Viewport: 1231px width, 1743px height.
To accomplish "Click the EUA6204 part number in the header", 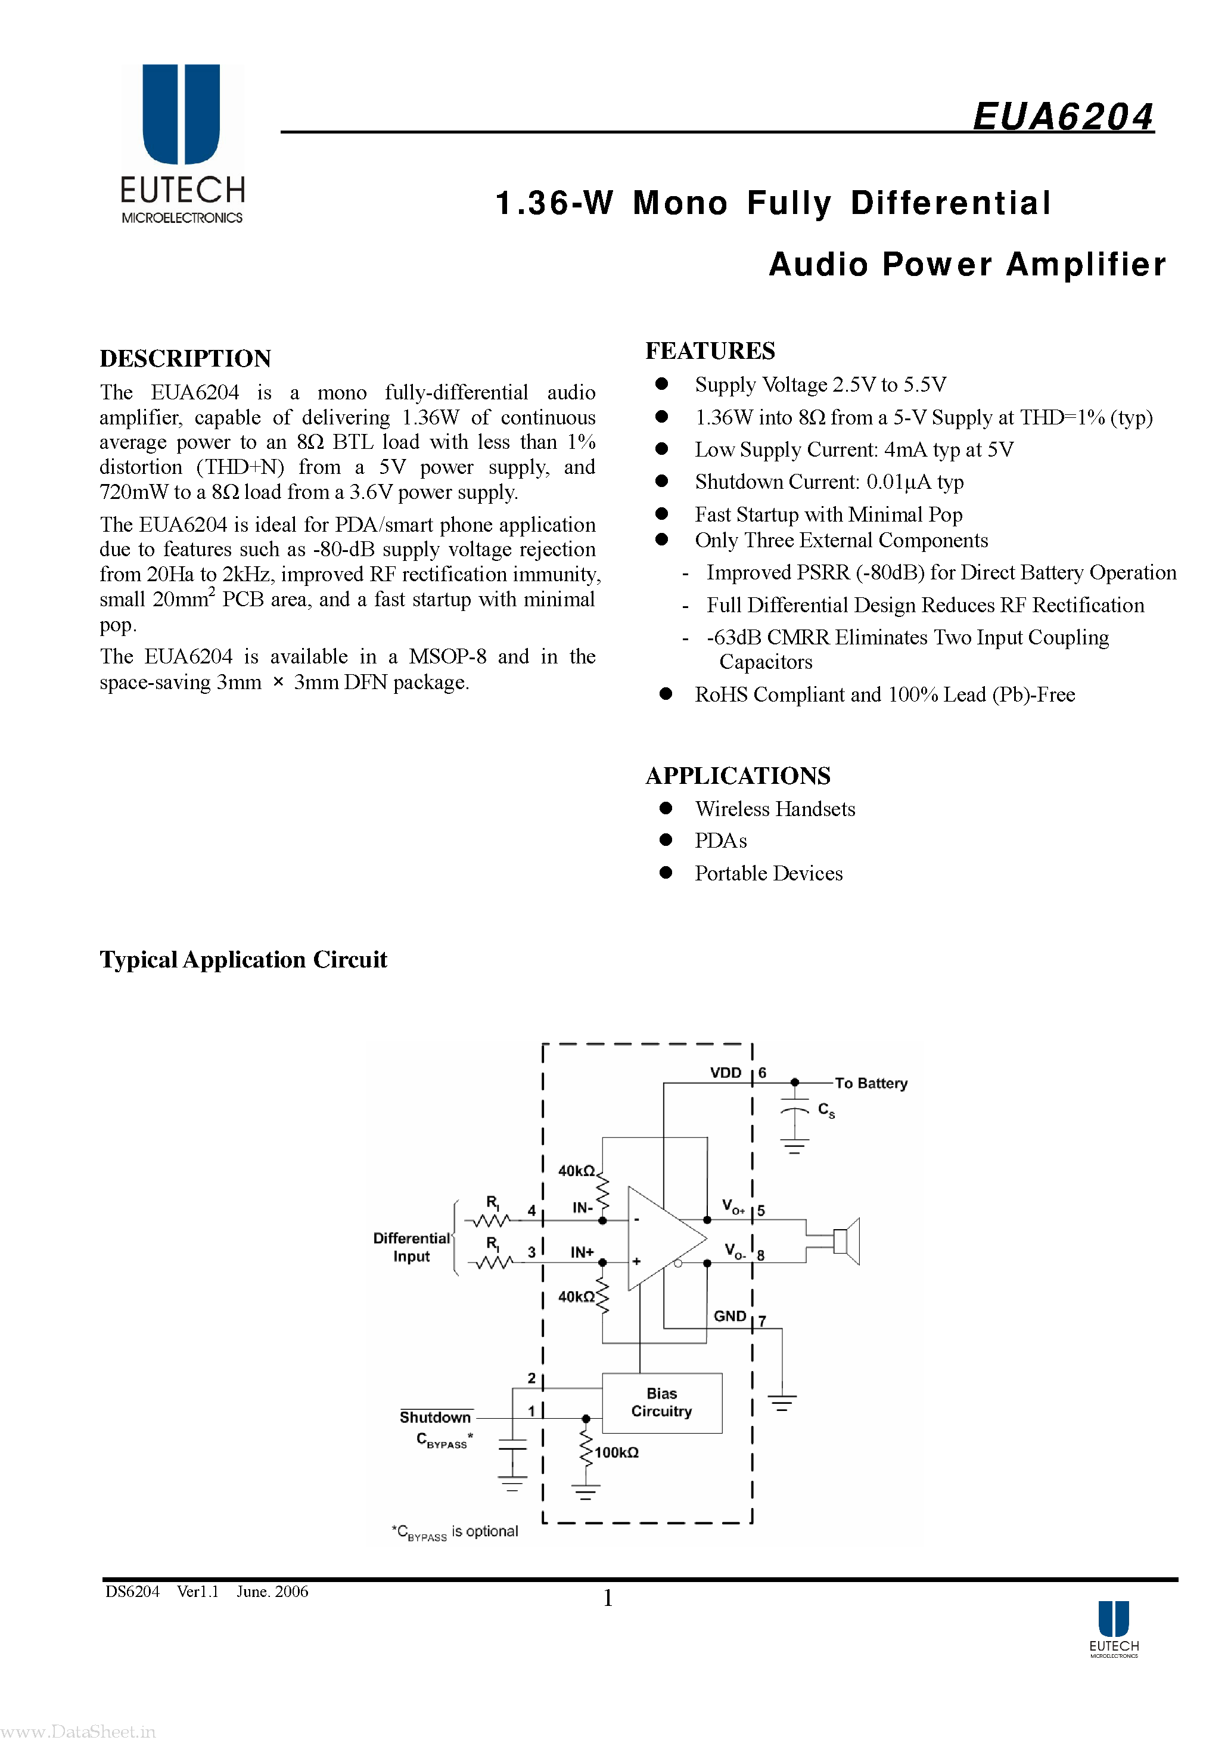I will (x=1062, y=117).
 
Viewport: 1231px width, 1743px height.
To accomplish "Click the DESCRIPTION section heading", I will (x=185, y=358).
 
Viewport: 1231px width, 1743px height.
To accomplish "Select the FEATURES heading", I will (x=710, y=351).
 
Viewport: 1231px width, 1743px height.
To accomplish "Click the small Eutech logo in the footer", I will (x=1114, y=1629).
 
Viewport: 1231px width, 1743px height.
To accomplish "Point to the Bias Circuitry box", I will (x=662, y=1402).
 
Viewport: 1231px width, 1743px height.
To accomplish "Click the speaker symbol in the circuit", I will (x=845, y=1241).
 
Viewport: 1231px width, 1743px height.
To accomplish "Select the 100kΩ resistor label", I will (x=616, y=1452).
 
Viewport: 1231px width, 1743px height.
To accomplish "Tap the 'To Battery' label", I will (x=871, y=1083).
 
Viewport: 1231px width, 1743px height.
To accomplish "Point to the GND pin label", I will (x=729, y=1316).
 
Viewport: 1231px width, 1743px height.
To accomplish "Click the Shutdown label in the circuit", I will (x=435, y=1418).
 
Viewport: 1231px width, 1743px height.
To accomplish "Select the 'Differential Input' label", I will (x=411, y=1247).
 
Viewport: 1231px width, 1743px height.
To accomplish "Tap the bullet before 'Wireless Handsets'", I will (x=666, y=808).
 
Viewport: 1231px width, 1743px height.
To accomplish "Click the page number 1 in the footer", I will (x=607, y=1598).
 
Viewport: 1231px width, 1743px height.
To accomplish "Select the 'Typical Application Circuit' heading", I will (x=243, y=960).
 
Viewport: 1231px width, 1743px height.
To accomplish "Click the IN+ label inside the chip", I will (x=582, y=1252).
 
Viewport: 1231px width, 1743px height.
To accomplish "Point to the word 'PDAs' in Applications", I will (x=720, y=841).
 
